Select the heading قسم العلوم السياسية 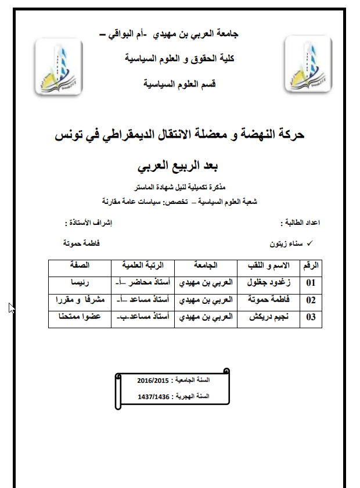coord(180,84)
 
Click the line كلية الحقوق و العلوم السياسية coord(179,59)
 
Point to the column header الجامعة coord(207,265)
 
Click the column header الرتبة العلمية coord(143,265)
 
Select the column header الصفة coord(80,265)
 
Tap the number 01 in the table coord(311,284)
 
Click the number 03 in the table coord(311,317)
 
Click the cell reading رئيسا coord(80,284)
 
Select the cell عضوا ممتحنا coord(80,317)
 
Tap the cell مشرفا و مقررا coord(80,300)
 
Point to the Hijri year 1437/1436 coord(154,397)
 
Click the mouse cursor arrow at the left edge coord(11,307)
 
